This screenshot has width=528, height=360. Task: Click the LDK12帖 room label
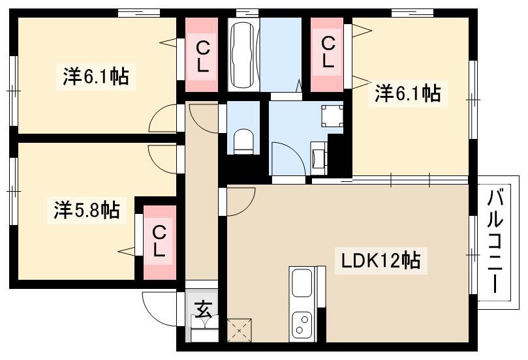point(381,261)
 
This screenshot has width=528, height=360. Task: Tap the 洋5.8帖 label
point(87,210)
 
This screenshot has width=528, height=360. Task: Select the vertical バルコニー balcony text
point(495,241)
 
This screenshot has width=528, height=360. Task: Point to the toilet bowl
point(243,142)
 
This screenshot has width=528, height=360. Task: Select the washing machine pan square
point(332,116)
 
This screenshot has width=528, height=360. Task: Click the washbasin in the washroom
point(318,157)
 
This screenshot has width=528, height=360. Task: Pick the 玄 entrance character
point(203,308)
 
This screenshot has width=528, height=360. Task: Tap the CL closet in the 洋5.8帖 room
point(160,242)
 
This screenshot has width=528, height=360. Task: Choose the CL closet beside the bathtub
point(202,55)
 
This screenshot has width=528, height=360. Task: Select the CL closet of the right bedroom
point(326,55)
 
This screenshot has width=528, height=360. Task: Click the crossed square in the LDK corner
point(240,330)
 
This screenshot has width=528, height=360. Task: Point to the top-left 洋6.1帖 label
point(96,77)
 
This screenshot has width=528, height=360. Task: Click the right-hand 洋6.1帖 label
point(408,93)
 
